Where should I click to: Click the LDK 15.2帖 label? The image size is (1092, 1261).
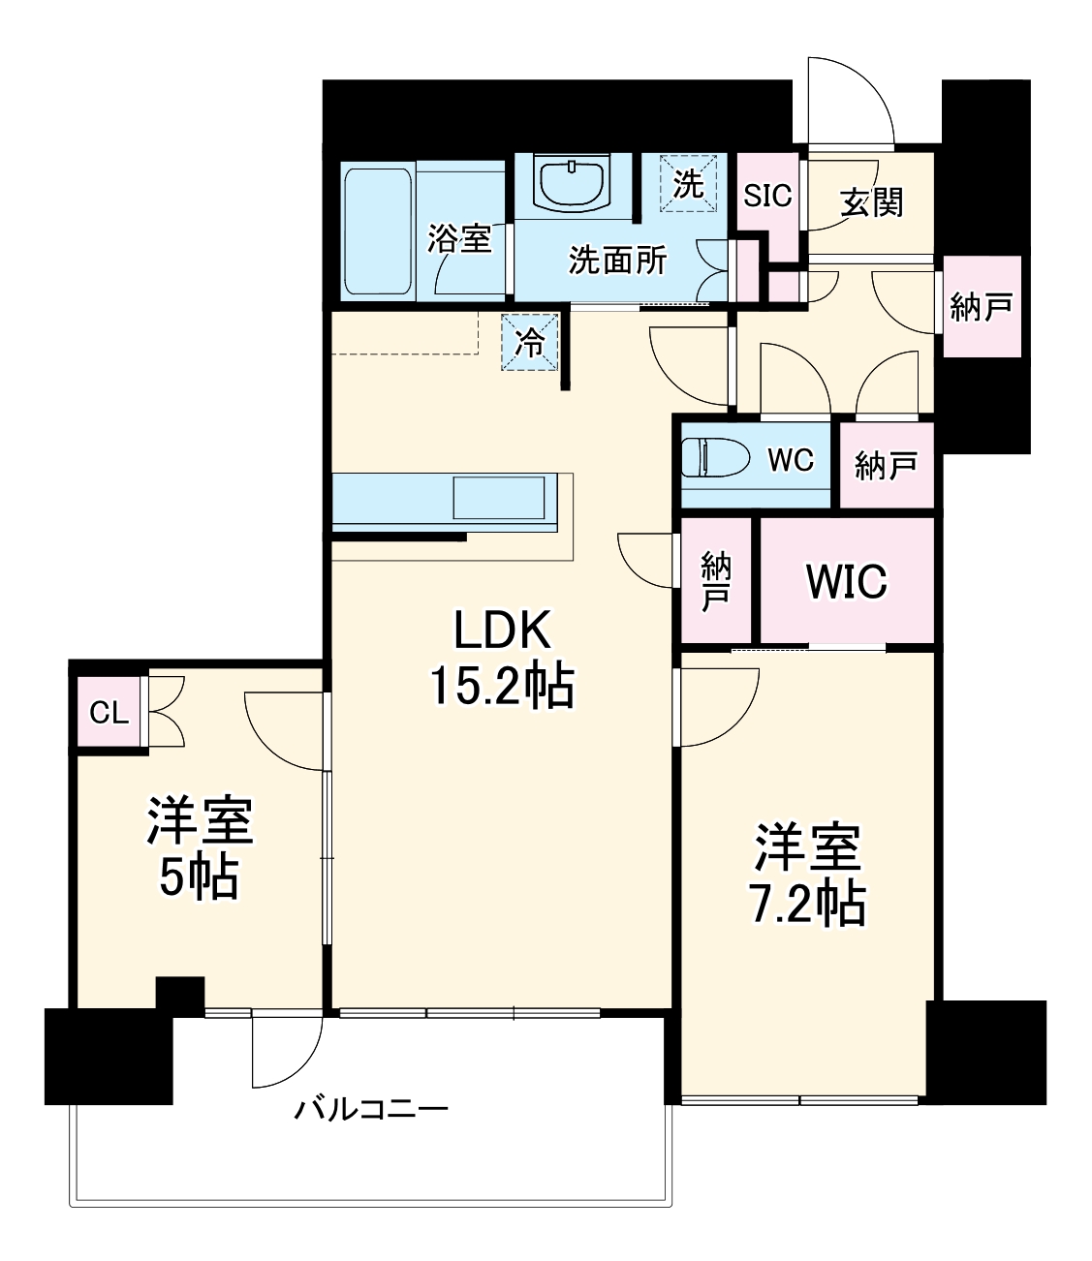[502, 659]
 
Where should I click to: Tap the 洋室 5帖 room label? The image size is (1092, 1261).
[199, 847]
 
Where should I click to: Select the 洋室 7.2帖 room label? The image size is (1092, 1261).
[807, 875]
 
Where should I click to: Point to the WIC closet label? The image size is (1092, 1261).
[846, 581]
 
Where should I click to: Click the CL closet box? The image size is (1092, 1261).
[109, 713]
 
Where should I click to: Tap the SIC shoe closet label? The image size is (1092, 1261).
[767, 197]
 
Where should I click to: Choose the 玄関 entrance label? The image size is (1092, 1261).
[871, 201]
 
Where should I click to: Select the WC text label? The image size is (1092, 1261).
[790, 460]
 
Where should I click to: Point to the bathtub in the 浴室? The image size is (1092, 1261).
[377, 231]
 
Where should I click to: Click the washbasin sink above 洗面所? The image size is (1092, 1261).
[572, 183]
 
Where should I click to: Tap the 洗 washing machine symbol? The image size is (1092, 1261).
[688, 183]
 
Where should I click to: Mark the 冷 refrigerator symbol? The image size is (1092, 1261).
[530, 342]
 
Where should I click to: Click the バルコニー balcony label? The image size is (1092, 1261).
[371, 1108]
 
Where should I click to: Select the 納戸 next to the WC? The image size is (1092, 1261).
[886, 467]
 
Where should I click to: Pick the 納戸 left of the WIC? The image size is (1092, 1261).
[716, 581]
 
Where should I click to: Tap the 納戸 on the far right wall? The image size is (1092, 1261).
[981, 307]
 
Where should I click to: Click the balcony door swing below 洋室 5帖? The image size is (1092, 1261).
[284, 1051]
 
